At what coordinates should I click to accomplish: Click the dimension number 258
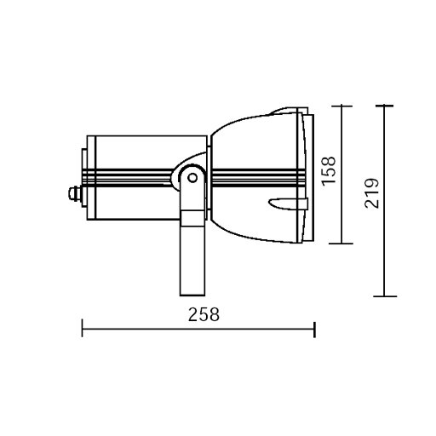pos(204,314)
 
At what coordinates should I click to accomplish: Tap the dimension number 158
pos(330,170)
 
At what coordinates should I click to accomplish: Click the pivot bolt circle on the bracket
pos(193,179)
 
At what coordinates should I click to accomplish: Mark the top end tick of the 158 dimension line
pos(341,106)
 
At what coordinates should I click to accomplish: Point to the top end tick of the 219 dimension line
pos(384,106)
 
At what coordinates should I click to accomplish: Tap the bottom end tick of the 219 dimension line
pos(384,295)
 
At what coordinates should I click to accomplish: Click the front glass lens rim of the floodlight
pos(308,175)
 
